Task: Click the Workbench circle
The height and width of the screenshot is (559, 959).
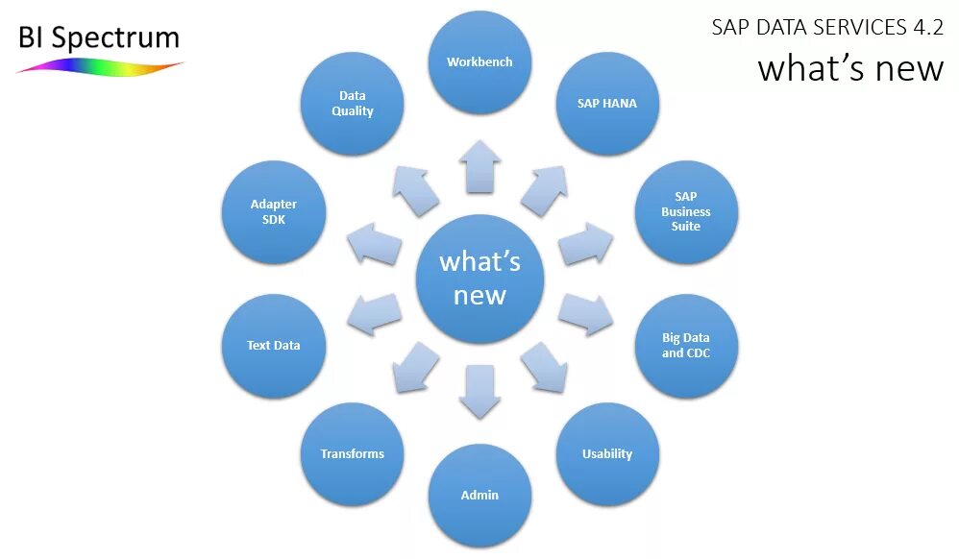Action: click(x=479, y=62)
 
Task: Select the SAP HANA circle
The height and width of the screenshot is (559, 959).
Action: click(x=607, y=104)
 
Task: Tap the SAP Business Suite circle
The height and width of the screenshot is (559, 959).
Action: click(x=686, y=211)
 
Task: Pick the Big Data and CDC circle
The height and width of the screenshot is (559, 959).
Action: click(x=686, y=346)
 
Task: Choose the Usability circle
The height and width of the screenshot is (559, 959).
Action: click(x=607, y=454)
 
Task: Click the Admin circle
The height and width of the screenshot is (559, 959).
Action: click(x=479, y=496)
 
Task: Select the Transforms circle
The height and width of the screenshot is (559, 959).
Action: click(x=352, y=454)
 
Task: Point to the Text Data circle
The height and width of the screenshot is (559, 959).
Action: click(x=273, y=346)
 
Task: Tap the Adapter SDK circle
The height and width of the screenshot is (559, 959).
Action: click(x=273, y=211)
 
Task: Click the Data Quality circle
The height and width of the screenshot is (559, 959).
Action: click(x=352, y=104)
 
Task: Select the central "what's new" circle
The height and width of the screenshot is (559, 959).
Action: click(x=479, y=279)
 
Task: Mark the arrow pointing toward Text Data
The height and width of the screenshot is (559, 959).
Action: click(x=374, y=314)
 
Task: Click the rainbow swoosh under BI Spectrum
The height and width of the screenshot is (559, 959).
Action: click(x=100, y=67)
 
